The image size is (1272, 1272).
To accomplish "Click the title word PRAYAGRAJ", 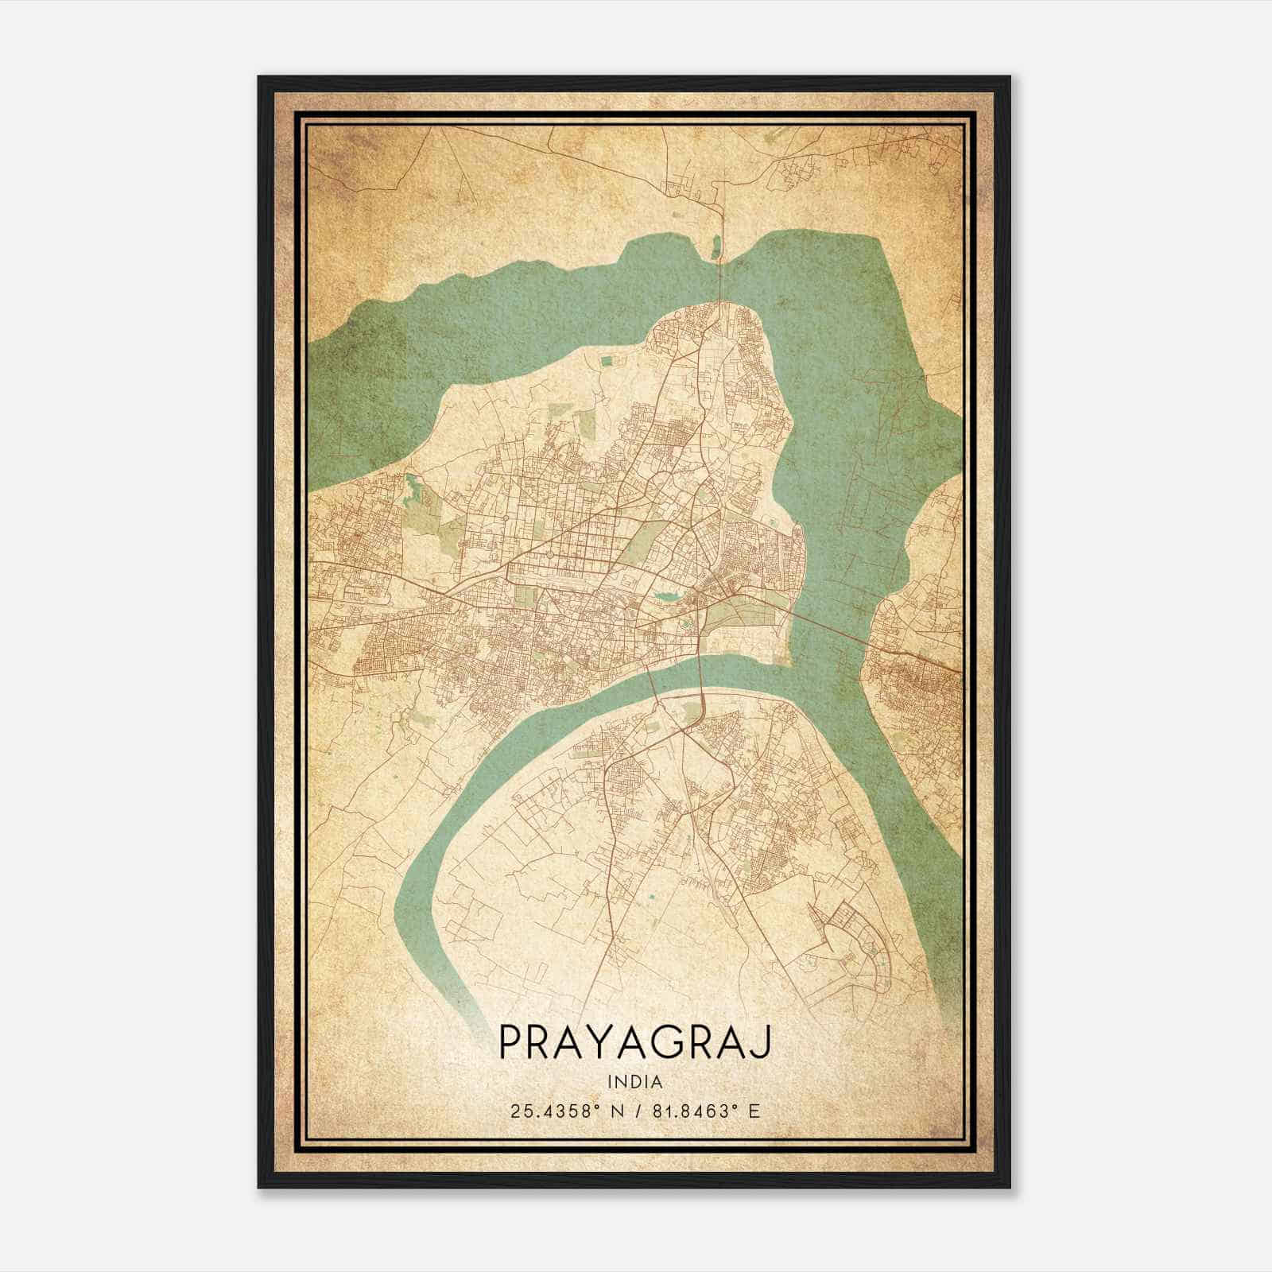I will click(634, 1044).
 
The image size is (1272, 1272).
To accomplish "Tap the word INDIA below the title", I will click(634, 1082).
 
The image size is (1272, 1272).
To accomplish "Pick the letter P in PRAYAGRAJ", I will click(510, 1042).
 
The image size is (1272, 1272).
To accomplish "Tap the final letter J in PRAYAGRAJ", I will click(763, 1042).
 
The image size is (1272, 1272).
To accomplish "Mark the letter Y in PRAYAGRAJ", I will click(599, 1042).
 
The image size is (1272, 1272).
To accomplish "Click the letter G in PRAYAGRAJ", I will click(666, 1042).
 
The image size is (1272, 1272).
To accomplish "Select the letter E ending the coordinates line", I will click(754, 1111).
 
